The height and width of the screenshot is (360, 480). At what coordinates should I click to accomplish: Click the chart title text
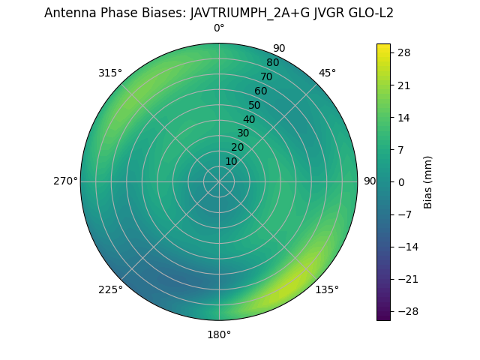[x=219, y=13]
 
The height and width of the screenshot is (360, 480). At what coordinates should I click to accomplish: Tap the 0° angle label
[x=219, y=28]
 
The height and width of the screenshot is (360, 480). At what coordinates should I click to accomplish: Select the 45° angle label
[x=327, y=73]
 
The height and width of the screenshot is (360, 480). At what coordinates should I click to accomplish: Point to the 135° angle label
[x=327, y=289]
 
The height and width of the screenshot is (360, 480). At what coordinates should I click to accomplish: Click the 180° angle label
[x=219, y=334]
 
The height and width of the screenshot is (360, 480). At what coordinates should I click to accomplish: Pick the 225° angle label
[x=110, y=289]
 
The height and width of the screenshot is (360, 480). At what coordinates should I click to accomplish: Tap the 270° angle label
[x=65, y=181]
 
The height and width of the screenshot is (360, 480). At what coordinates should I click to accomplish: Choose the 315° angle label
[x=110, y=73]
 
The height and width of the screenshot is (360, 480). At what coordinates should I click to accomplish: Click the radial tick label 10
[x=231, y=161]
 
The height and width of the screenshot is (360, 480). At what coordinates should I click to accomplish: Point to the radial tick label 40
[x=249, y=119]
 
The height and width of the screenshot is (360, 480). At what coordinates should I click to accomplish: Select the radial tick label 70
[x=266, y=76]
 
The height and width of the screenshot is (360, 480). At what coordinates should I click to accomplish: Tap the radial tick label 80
[x=272, y=62]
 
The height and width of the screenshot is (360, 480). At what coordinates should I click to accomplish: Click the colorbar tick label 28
[x=403, y=52]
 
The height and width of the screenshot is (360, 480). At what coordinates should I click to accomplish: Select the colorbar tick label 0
[x=401, y=181]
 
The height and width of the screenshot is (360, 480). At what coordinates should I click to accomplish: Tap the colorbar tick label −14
[x=406, y=247]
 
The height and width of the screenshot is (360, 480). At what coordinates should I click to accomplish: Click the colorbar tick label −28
[x=406, y=311]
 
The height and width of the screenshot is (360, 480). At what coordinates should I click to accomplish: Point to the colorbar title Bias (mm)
[x=428, y=181]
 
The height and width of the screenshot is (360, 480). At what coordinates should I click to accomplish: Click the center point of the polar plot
[x=219, y=181]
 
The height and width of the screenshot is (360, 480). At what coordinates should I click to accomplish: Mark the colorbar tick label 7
[x=401, y=149]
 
